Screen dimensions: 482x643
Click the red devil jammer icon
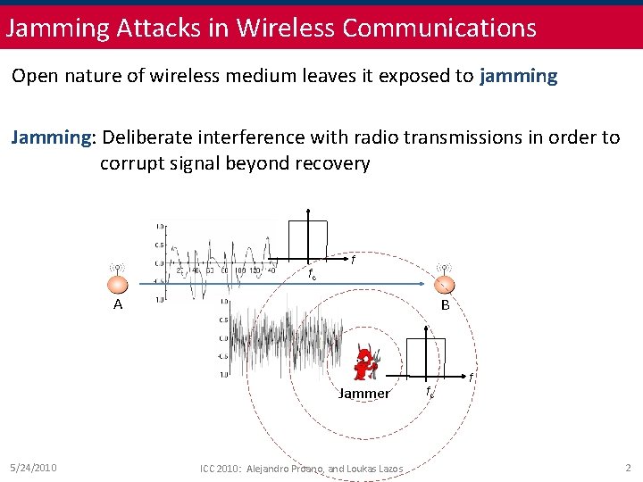363,363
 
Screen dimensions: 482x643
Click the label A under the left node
117,304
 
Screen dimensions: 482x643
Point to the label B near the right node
443,304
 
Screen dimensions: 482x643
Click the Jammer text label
363,394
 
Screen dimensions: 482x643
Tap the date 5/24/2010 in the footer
34,467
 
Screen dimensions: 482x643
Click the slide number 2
628,467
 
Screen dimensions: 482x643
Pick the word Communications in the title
439,27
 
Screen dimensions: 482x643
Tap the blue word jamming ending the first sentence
518,75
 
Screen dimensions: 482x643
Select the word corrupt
129,163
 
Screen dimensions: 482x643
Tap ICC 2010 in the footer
221,469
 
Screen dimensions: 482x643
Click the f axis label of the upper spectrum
354,260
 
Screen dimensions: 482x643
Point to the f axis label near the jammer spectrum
472,378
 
